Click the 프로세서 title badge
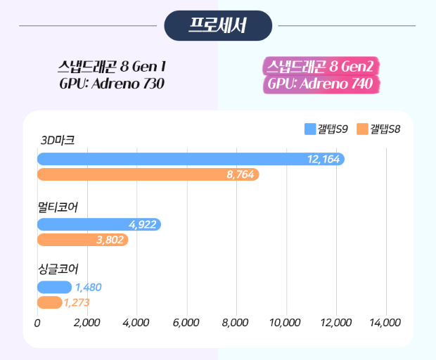click(218, 26)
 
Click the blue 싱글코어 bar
click(53, 287)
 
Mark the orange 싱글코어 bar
click(49, 302)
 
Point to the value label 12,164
click(323, 160)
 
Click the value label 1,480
click(89, 287)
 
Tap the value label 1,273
click(77, 302)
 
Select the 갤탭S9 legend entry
click(326, 129)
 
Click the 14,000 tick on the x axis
click(385, 323)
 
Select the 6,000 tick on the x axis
click(186, 323)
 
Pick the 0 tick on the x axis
click(37, 323)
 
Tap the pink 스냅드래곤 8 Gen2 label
click(323, 67)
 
